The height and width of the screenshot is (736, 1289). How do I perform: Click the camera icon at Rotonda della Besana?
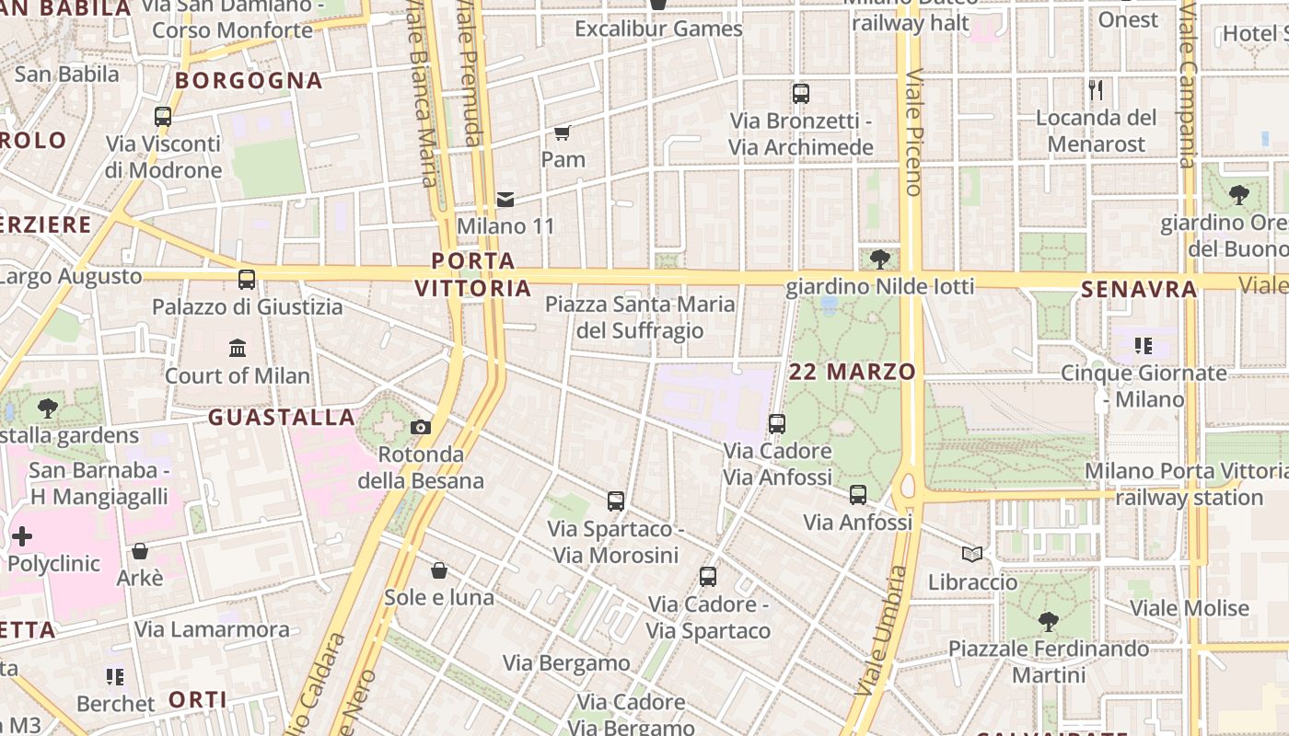[421, 427]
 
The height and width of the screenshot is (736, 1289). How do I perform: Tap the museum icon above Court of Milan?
[238, 348]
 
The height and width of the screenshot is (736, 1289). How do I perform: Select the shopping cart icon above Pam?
[563, 132]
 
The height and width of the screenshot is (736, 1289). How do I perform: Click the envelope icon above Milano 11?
[505, 199]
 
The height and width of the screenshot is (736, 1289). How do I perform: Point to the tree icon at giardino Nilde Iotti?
[879, 259]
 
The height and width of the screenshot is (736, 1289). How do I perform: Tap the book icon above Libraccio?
[972, 554]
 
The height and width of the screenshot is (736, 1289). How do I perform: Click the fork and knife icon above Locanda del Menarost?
[1096, 90]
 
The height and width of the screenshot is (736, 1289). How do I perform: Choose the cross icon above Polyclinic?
[22, 535]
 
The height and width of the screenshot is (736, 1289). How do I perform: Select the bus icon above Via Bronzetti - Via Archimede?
[801, 93]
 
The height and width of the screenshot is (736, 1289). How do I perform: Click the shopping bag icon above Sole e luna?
[439, 570]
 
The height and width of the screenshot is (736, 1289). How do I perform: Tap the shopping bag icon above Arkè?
[140, 551]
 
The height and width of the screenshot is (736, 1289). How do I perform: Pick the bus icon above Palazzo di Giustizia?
[247, 280]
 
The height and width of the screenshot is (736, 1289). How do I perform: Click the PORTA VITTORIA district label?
[473, 274]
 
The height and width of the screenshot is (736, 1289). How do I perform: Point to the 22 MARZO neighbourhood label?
[853, 372]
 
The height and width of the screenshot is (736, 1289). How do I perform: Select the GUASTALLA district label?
[282, 417]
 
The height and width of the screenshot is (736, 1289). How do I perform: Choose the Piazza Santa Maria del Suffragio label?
[641, 317]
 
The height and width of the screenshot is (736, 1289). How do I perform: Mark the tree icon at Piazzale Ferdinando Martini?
[1048, 622]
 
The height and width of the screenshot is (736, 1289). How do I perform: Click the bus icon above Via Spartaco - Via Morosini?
[616, 501]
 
